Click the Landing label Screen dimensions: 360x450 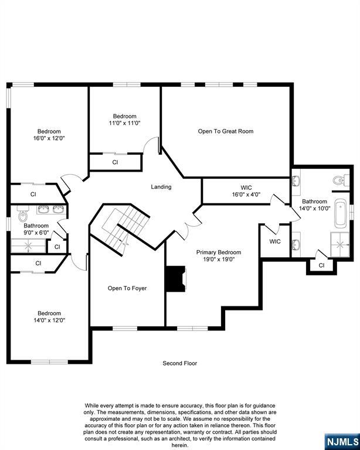[x=161, y=187]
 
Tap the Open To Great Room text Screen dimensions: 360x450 [x=226, y=131]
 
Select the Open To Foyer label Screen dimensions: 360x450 [x=127, y=288]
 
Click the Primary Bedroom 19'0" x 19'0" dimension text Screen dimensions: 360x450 [x=219, y=260]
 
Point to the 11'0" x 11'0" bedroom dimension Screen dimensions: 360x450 [x=124, y=123]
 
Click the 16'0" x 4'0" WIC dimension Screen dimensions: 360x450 [x=246, y=195]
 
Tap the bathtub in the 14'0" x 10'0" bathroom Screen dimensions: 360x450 [x=341, y=214]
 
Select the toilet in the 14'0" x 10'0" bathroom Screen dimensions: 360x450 [x=341, y=180]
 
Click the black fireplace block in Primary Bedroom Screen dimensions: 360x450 [x=175, y=279]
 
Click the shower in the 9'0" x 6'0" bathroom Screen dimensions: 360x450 [x=28, y=246]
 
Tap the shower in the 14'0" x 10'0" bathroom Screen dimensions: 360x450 [x=340, y=244]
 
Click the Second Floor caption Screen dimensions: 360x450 [x=180, y=363]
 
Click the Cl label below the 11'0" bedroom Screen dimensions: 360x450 [x=115, y=162]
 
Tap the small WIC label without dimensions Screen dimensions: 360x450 [x=275, y=241]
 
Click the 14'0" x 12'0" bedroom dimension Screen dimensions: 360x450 [x=49, y=321]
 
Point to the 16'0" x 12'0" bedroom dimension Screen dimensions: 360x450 [x=49, y=138]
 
